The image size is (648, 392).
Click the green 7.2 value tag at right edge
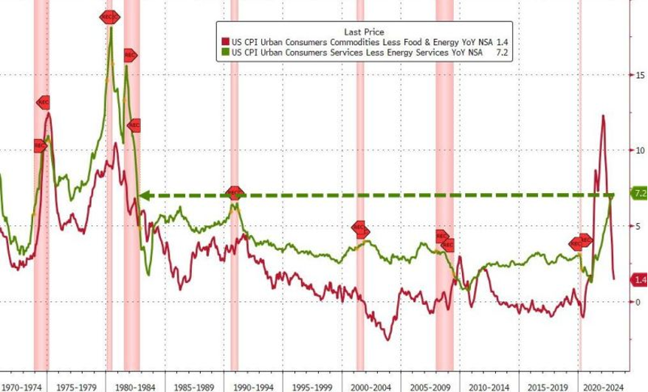pyautogui.click(x=638, y=193)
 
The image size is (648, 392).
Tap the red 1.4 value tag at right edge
pyautogui.click(x=638, y=280)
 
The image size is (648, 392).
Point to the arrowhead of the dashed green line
pyautogui.click(x=144, y=196)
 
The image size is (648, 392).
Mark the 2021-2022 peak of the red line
pyautogui.click(x=603, y=116)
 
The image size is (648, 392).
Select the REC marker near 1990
pyautogui.click(x=234, y=193)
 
